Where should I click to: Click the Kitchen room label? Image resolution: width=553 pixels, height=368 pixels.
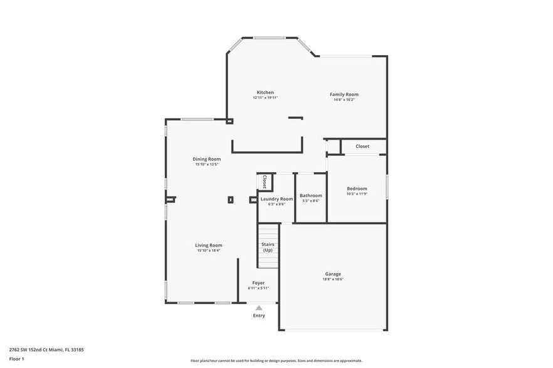point(265,93)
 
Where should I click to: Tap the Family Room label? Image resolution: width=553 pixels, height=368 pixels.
point(344,95)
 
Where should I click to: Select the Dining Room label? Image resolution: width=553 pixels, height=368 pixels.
point(206,159)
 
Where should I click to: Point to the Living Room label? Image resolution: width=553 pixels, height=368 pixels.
point(208,245)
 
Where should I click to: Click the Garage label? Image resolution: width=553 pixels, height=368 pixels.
point(333,274)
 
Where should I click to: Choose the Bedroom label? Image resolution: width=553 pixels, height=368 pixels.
point(357,188)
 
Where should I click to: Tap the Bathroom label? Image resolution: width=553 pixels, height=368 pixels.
point(310,195)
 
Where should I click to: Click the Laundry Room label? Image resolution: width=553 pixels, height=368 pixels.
point(276,199)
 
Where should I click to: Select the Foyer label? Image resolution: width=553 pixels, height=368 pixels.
point(258,283)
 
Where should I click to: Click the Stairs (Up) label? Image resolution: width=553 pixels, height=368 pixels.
point(268,247)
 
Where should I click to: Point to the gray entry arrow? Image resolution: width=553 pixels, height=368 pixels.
point(258,307)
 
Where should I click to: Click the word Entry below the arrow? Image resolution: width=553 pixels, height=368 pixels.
point(259,315)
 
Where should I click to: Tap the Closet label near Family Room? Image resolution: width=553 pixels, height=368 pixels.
point(362,146)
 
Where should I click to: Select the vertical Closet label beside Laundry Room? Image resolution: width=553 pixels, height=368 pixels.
point(265,181)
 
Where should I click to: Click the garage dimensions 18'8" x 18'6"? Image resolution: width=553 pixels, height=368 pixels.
point(333,279)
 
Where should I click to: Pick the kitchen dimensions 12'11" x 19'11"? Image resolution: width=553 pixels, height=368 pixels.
point(265,98)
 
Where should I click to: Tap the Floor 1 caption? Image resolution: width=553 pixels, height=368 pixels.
point(16,359)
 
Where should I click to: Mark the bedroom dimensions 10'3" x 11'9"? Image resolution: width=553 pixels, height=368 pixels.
point(357,193)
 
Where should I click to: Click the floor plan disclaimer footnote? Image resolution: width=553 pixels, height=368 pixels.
point(276,360)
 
